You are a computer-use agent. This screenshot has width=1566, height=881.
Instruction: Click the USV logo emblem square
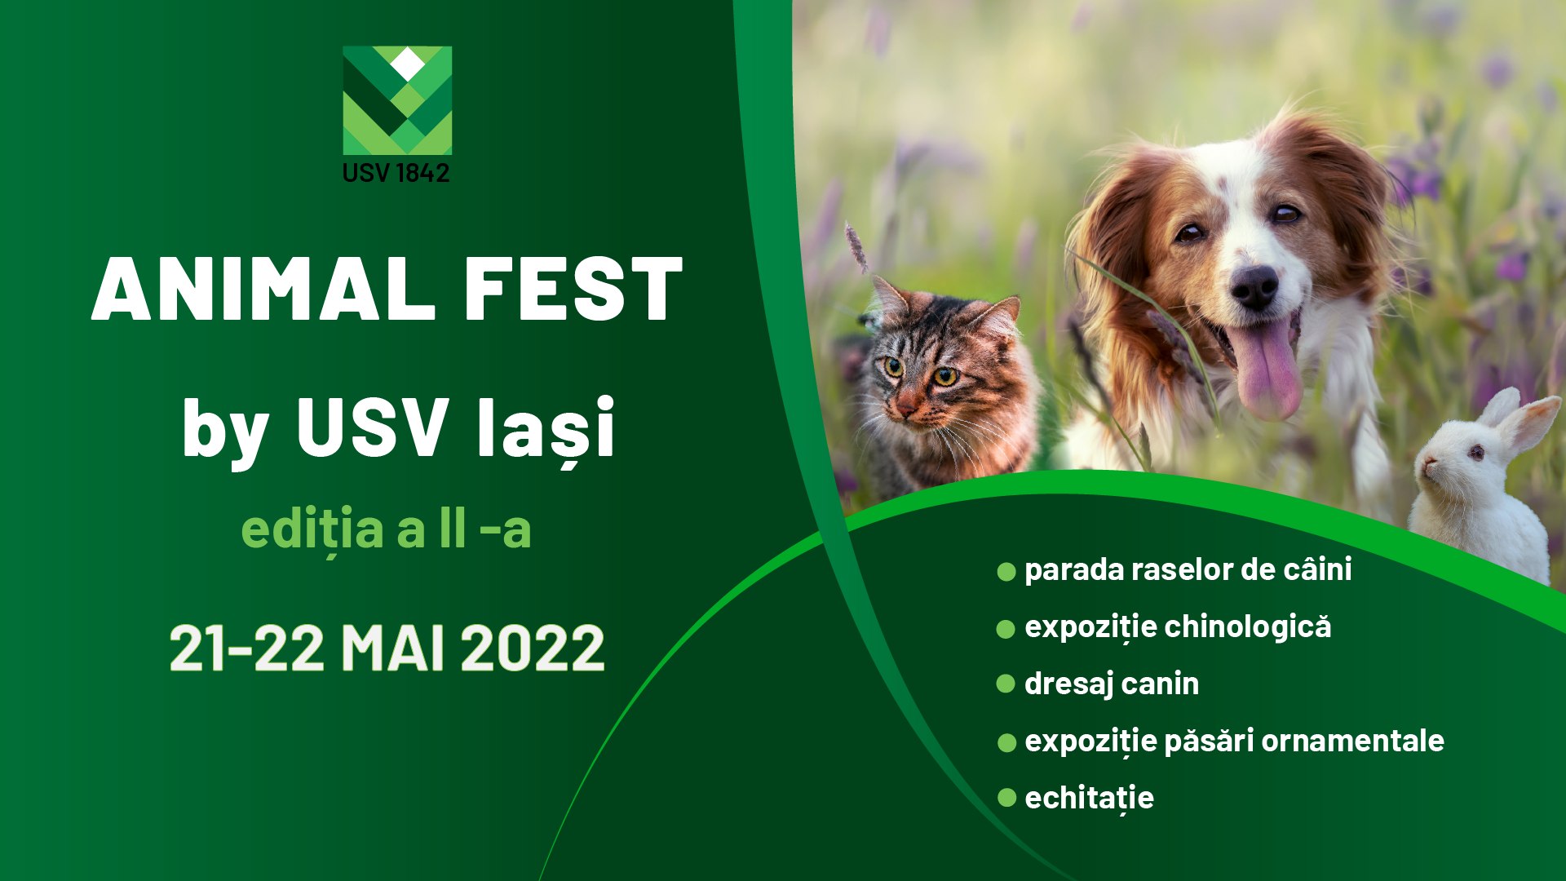click(397, 100)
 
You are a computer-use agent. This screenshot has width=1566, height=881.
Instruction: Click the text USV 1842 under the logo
click(396, 173)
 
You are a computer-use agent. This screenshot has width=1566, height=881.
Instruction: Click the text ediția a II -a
click(386, 529)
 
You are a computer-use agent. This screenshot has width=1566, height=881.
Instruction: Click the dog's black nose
click(1254, 287)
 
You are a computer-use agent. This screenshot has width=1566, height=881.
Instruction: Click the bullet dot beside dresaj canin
click(1006, 684)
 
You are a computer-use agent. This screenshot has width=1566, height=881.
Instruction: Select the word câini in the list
click(1317, 569)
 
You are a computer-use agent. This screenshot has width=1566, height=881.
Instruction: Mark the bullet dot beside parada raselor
click(1006, 571)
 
